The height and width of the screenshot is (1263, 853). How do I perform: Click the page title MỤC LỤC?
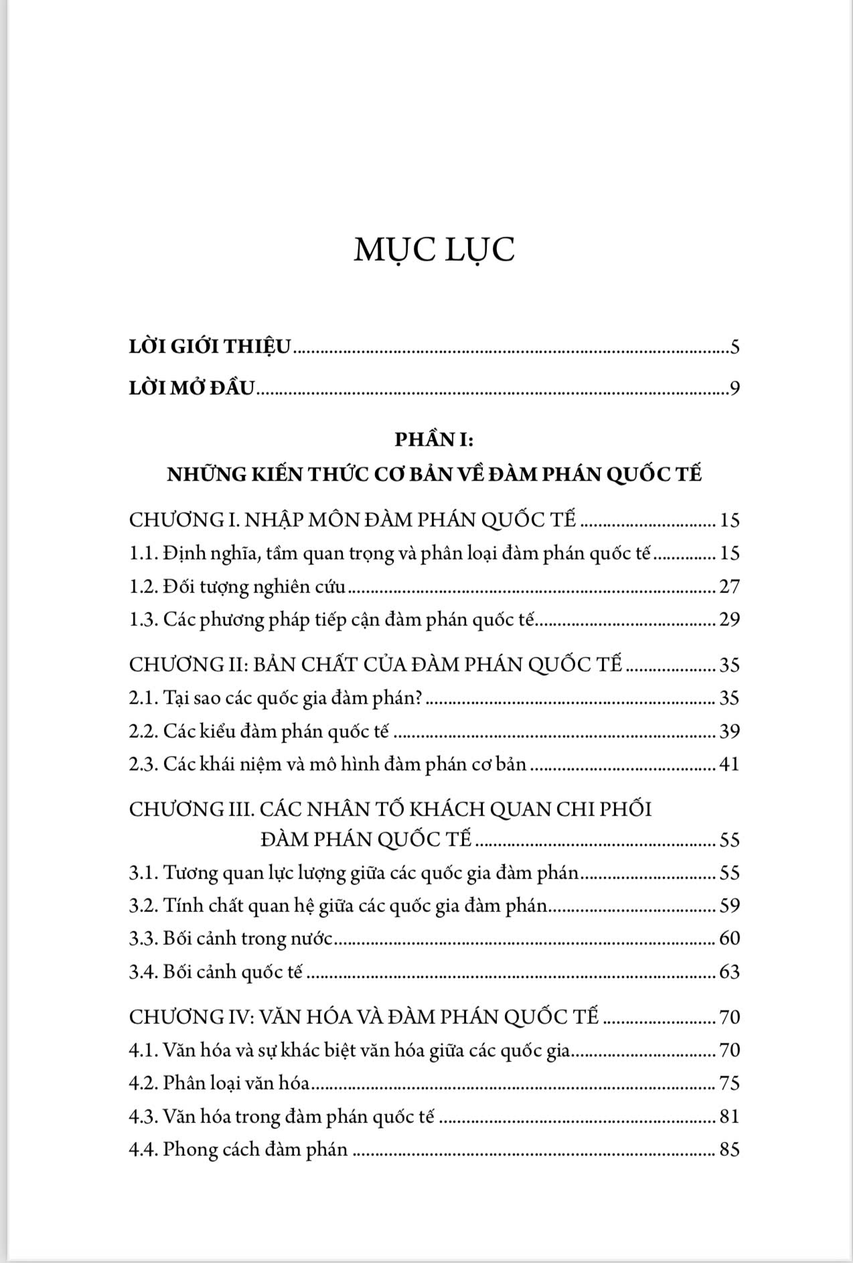[x=434, y=249]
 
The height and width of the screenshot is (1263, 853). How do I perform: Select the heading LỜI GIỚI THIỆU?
[x=210, y=347]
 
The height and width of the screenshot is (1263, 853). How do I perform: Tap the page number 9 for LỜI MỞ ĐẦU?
[x=734, y=389]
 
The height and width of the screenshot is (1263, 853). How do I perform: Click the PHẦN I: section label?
[x=434, y=440]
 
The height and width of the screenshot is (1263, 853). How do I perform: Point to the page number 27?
[x=729, y=587]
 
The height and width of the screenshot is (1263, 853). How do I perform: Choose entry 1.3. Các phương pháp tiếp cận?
[x=333, y=620]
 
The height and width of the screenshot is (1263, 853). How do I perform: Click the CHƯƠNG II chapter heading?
[x=375, y=665]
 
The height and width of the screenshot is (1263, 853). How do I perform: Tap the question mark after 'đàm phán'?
[x=417, y=698]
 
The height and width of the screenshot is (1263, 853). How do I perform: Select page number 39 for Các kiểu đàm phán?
[x=729, y=731]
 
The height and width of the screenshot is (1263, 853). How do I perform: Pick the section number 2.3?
[x=143, y=764]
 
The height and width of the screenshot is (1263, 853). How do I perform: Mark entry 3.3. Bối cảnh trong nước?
[x=231, y=939]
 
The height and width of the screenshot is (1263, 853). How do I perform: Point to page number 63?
[x=729, y=972]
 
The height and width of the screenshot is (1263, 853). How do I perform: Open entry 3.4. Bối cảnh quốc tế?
[x=216, y=972]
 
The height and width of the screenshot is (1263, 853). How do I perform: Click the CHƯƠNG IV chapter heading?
[x=363, y=1017]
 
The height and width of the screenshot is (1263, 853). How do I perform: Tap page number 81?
[x=729, y=1116]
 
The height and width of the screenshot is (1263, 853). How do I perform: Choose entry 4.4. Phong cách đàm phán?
[x=238, y=1150]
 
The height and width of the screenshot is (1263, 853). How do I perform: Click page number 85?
[x=729, y=1150]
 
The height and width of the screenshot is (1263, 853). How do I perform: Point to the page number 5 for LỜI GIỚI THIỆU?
[x=734, y=347]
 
